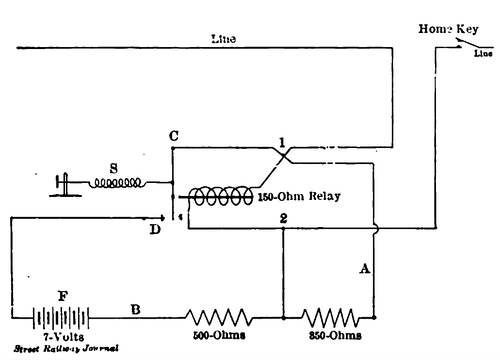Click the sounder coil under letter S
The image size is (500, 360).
coord(118,183)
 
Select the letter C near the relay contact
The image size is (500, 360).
coord(174,134)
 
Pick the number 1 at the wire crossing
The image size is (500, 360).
coord(285,149)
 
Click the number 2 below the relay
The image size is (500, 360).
coord(284,217)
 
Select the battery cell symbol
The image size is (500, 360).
coord(56,318)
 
